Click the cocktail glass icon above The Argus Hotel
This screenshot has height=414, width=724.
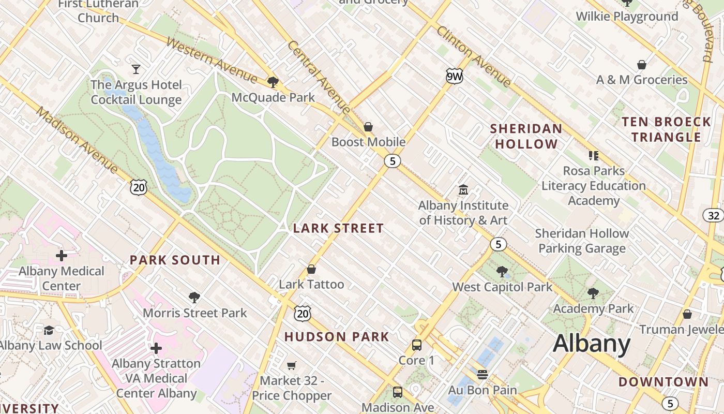[x=136, y=69]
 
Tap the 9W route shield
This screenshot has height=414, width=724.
[x=454, y=77]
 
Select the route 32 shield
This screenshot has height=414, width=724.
[x=713, y=215]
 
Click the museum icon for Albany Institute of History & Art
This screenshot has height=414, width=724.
[x=463, y=190]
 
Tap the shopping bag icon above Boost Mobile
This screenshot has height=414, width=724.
[x=368, y=126]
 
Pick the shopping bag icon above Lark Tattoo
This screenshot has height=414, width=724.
[x=311, y=269]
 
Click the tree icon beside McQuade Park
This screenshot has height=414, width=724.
[x=273, y=82]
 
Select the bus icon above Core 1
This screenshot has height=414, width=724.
[x=416, y=345]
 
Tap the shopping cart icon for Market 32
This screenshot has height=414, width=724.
[x=292, y=365]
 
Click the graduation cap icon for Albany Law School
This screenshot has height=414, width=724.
[x=49, y=330]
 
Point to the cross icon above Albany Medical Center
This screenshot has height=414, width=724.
[x=62, y=255]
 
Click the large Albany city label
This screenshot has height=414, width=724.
[x=592, y=344]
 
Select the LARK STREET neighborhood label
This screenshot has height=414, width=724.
[x=338, y=228]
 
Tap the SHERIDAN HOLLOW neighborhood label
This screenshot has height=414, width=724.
[x=526, y=136]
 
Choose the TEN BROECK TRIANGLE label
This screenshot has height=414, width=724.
[x=666, y=129]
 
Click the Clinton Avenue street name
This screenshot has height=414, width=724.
[x=474, y=56]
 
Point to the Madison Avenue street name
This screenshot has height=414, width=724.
[x=77, y=140]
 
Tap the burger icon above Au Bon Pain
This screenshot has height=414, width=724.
[x=482, y=374]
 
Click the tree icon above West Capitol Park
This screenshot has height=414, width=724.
[x=502, y=271]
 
